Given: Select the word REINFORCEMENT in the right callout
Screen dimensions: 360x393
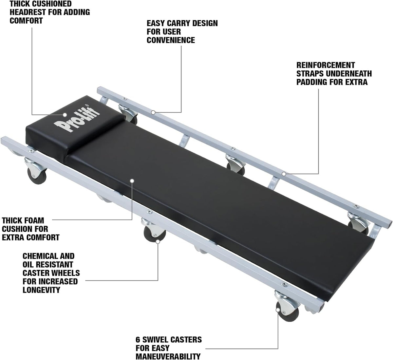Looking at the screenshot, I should click(326, 65).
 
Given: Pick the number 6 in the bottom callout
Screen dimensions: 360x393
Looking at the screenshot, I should click(138, 339).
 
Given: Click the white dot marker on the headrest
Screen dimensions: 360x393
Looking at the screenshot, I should click(65, 115).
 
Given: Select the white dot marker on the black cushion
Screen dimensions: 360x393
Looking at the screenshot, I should click(132, 180).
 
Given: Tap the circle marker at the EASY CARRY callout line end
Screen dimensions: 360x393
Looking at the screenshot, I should click(153, 112).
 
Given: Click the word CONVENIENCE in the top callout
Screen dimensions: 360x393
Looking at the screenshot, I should click(171, 40).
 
